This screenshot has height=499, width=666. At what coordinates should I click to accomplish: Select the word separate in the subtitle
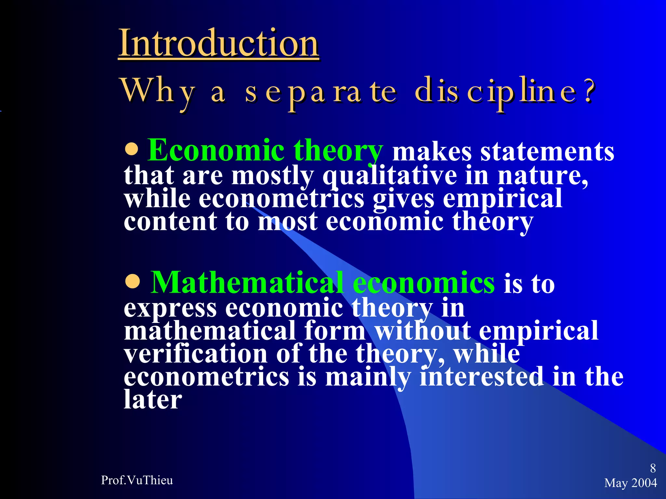pos(321,93)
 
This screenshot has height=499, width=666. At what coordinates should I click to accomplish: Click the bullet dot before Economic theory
pos(132,150)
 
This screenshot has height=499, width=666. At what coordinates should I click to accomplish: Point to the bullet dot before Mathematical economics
pos(133,282)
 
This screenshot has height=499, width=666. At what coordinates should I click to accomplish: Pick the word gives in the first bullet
pos(403,199)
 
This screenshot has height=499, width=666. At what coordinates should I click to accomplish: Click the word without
pos(423,331)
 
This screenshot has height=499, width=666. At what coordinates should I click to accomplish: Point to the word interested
pos(482,377)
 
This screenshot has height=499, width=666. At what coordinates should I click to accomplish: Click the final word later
pos(153,400)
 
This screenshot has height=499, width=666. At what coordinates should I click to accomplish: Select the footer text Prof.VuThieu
pos(137,480)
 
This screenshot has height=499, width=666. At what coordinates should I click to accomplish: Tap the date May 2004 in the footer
pos(631,483)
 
